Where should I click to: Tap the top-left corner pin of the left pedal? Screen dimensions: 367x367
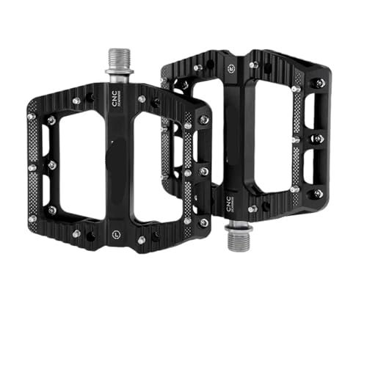(31, 116)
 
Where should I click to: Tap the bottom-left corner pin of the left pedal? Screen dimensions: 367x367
(32, 218)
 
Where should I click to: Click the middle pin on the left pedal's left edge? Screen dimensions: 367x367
(32, 167)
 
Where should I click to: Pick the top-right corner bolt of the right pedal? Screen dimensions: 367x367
(320, 83)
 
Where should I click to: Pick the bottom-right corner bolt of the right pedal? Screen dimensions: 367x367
(319, 193)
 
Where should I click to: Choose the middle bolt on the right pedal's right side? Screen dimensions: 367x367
(319, 138)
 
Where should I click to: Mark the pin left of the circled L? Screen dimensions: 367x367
(76, 233)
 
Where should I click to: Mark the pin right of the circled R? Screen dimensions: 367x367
(253, 65)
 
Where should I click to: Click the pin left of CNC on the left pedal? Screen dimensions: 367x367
(76, 100)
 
